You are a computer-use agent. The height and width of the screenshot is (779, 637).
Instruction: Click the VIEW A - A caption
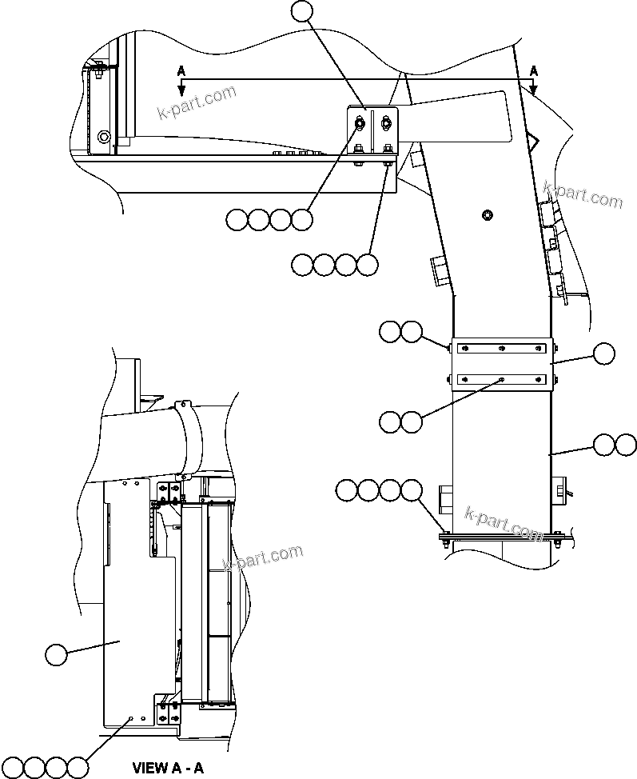point(168,769)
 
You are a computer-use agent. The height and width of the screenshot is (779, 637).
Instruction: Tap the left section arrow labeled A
point(181,77)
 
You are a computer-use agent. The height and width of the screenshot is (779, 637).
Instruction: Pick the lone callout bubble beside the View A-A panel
point(56,654)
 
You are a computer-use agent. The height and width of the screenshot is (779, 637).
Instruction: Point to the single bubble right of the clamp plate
point(603,353)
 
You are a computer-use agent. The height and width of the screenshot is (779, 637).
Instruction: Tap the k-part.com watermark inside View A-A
point(263,557)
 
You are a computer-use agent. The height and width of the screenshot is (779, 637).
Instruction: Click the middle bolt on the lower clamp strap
point(500,381)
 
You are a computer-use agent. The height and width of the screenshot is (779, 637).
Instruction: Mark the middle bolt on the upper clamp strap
point(500,348)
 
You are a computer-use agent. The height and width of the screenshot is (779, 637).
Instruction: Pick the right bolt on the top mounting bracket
point(388,123)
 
